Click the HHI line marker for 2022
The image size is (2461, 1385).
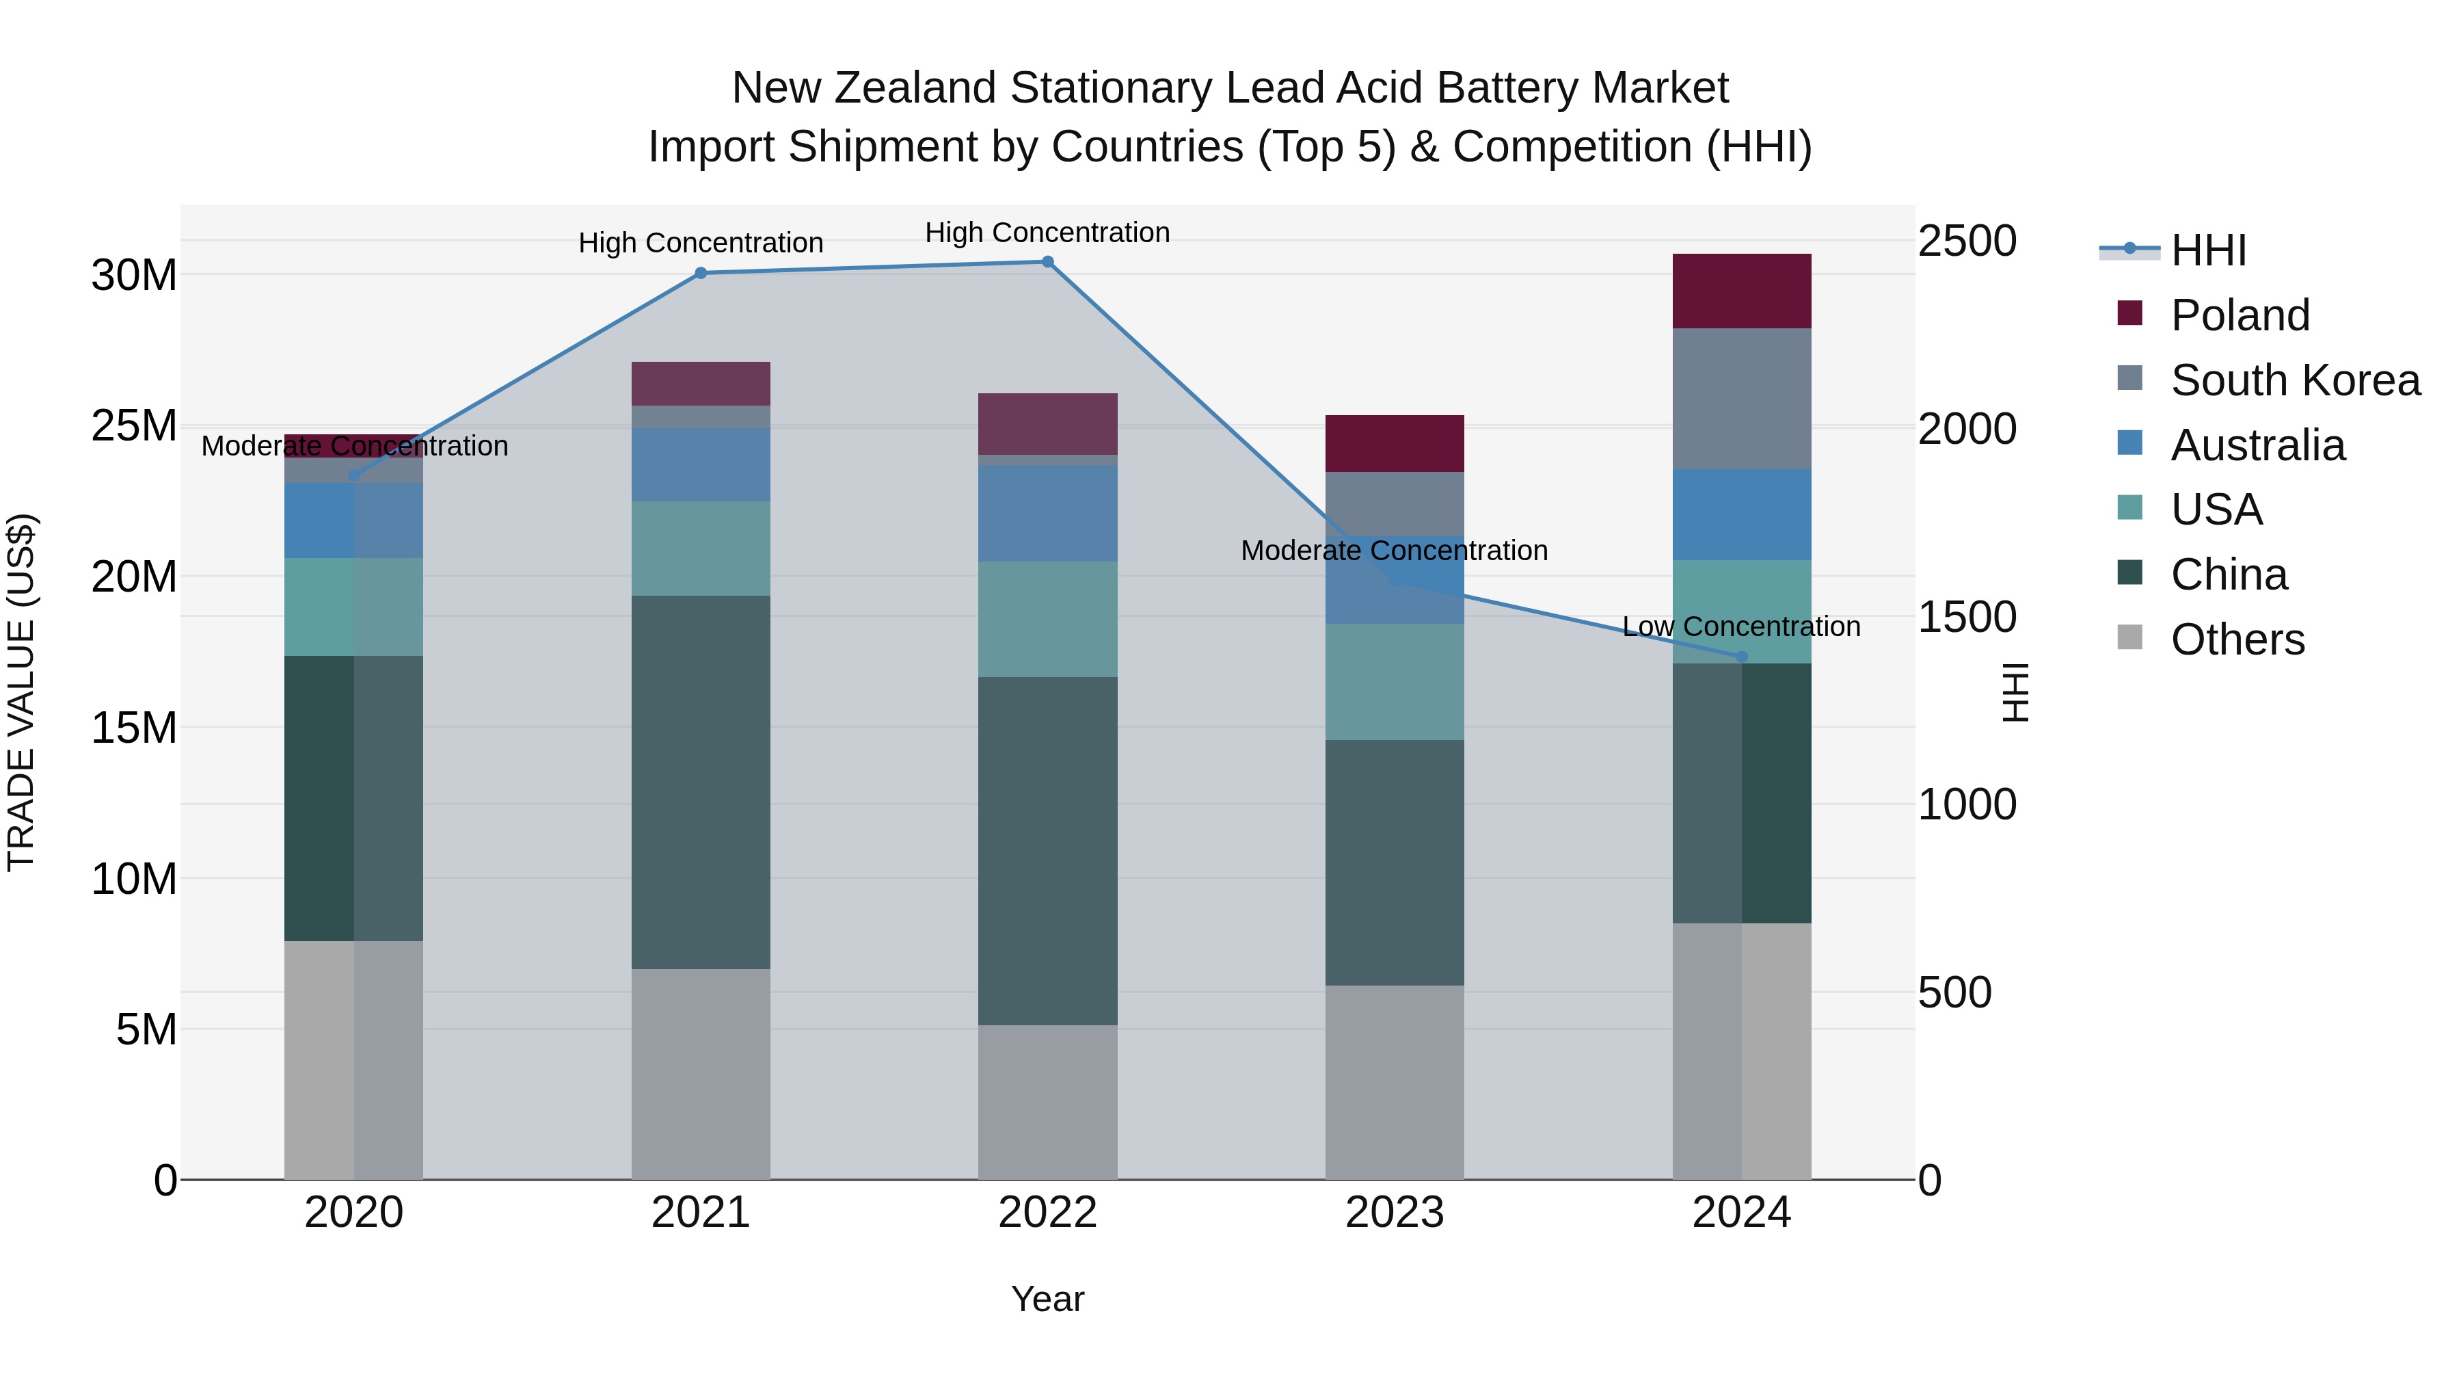tap(1047, 262)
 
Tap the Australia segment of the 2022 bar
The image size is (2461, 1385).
tap(1047, 513)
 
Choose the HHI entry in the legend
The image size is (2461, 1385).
tap(2207, 250)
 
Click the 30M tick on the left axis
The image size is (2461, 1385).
tap(134, 275)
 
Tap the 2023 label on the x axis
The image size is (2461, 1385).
tap(1394, 1213)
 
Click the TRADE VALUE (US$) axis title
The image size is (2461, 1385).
tap(21, 692)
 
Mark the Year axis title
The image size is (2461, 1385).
tap(1047, 1299)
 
